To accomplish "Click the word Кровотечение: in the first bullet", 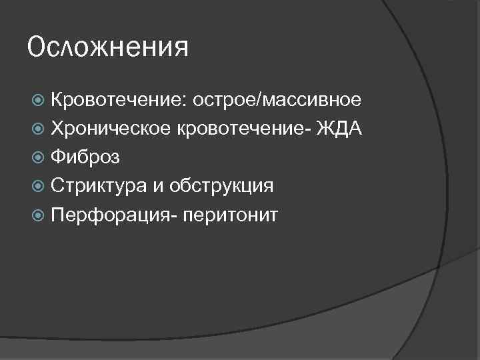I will tap(117, 100).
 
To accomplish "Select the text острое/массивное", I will tap(277, 100).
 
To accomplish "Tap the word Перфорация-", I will tap(108, 214).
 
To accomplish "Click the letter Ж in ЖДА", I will tap(326, 128).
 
